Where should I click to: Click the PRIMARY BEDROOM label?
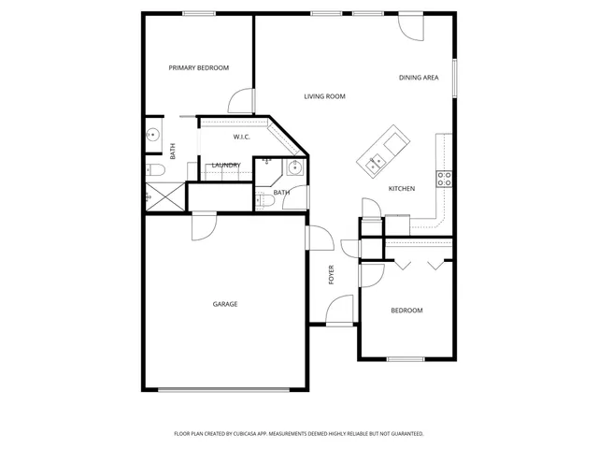click(198, 67)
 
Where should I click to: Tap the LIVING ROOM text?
click(325, 96)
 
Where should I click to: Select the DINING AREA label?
click(419, 78)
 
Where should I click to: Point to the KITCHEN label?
click(402, 189)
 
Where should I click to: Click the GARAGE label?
click(224, 304)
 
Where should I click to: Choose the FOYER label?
click(331, 275)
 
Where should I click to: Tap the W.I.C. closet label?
click(241, 138)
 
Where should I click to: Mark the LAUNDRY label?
click(226, 166)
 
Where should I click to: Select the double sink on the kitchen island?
click(378, 161)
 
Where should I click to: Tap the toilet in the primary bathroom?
click(155, 169)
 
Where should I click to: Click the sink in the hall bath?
click(293, 168)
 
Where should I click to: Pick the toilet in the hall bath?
click(264, 200)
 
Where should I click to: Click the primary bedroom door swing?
click(241, 101)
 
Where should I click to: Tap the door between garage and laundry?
click(204, 224)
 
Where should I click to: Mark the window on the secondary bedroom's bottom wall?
click(406, 359)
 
